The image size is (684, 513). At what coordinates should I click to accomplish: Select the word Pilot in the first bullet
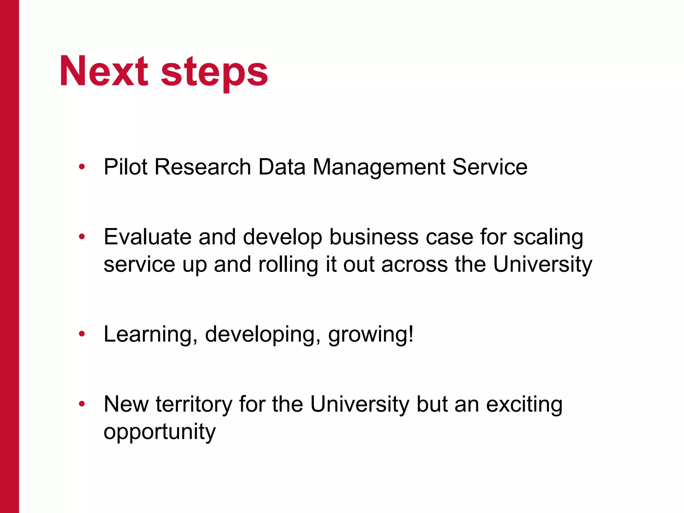pyautogui.click(x=126, y=167)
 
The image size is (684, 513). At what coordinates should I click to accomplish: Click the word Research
pyautogui.click(x=203, y=167)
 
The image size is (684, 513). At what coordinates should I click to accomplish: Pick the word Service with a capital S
pyautogui.click(x=490, y=167)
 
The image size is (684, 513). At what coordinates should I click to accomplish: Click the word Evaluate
pyautogui.click(x=148, y=237)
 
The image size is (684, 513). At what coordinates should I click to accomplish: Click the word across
pyautogui.click(x=414, y=265)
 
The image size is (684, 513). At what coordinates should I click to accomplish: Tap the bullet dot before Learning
pyautogui.click(x=82, y=334)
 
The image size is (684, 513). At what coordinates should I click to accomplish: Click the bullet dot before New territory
pyautogui.click(x=82, y=404)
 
